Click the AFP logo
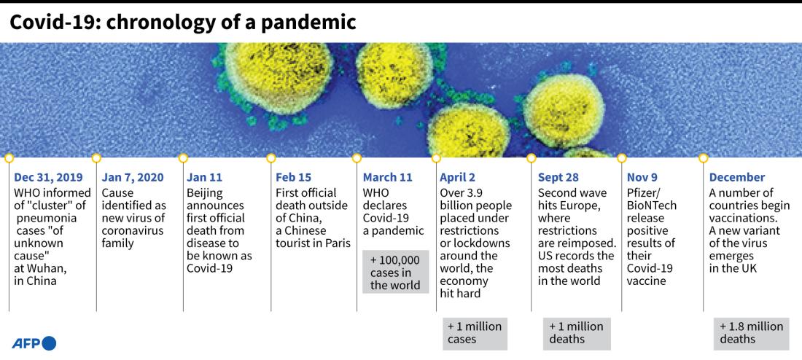(34, 343)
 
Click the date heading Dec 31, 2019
(48, 177)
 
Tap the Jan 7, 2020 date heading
(133, 177)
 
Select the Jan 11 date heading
(206, 177)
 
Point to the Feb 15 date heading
(294, 177)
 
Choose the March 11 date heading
(388, 177)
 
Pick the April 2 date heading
(457, 177)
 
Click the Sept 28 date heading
(558, 177)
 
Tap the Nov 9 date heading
(642, 177)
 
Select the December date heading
(737, 177)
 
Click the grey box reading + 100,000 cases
(395, 272)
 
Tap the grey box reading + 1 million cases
(475, 333)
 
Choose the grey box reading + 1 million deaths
(577, 333)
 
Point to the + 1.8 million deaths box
(752, 333)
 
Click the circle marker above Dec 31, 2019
(9, 158)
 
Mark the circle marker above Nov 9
(622, 158)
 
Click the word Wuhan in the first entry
(39, 267)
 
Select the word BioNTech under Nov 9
(652, 206)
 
